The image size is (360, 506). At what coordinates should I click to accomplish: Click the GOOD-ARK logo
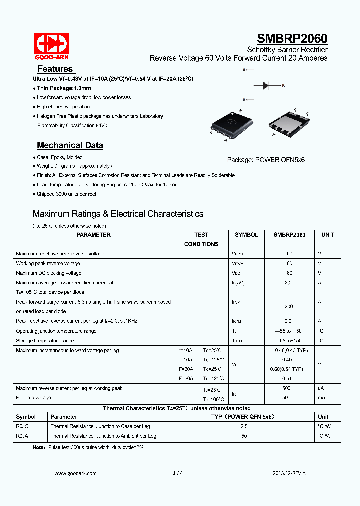[51, 45]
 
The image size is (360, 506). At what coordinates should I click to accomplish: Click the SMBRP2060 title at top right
[292, 39]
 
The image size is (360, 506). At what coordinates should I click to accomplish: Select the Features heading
[55, 69]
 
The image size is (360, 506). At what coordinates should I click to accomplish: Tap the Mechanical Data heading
[70, 145]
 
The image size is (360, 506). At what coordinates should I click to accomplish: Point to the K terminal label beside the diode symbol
[283, 86]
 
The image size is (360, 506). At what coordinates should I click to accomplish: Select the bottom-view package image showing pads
[290, 123]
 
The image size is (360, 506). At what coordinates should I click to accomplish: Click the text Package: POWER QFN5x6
[266, 160]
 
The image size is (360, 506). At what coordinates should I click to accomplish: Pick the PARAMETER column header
[93, 235]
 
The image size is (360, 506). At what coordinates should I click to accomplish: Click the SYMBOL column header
[246, 235]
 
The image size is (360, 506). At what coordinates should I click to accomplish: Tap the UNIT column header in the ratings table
[327, 235]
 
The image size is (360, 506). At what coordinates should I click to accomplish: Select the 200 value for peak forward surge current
[289, 306]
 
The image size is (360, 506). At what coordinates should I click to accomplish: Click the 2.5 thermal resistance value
[244, 426]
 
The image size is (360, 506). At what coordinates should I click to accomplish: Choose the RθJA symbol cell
[22, 436]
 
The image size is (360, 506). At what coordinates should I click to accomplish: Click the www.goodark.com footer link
[75, 473]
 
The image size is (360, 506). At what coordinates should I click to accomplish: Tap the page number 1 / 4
[178, 473]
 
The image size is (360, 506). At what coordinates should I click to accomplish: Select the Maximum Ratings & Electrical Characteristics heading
[118, 214]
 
